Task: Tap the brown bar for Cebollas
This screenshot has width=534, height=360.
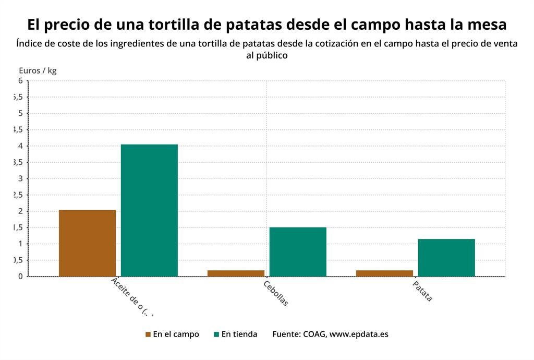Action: [236, 273]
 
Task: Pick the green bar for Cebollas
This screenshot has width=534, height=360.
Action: [298, 252]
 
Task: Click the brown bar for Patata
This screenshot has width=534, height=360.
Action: [384, 273]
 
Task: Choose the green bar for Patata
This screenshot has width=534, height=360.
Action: [446, 258]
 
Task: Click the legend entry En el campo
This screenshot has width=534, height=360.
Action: [176, 334]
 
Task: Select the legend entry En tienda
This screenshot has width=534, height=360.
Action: [239, 334]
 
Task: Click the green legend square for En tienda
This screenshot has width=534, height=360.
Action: [216, 334]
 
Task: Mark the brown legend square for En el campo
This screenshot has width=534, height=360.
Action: [148, 334]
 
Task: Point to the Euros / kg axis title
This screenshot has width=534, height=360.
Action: [38, 71]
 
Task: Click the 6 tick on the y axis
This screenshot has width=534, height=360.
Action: [20, 81]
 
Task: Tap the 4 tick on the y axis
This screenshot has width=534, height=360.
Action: [20, 146]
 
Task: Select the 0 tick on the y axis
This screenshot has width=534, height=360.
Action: [20, 276]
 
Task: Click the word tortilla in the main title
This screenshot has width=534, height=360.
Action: [173, 25]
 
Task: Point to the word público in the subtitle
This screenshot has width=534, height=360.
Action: [267, 55]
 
